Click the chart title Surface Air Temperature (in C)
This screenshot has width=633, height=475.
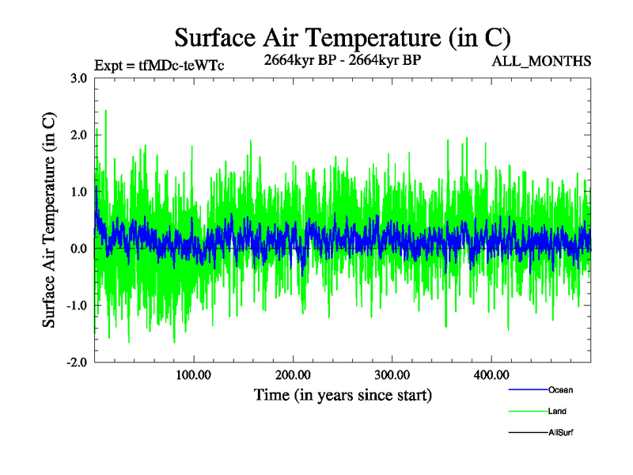coord(342,37)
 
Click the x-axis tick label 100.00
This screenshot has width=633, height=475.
coord(194,375)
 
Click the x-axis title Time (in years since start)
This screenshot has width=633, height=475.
coord(343,394)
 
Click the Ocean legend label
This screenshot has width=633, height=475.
coord(560,390)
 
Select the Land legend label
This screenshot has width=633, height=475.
coord(557,412)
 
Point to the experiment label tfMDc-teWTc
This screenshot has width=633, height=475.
coord(158,66)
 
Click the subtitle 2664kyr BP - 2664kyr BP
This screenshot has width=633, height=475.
coord(342,59)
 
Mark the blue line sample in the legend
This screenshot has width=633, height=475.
coord(526,390)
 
